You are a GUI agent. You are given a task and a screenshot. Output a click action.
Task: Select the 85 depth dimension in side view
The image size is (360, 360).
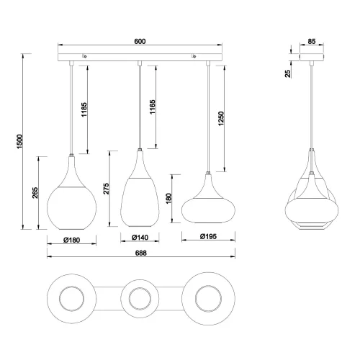(311, 40)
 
